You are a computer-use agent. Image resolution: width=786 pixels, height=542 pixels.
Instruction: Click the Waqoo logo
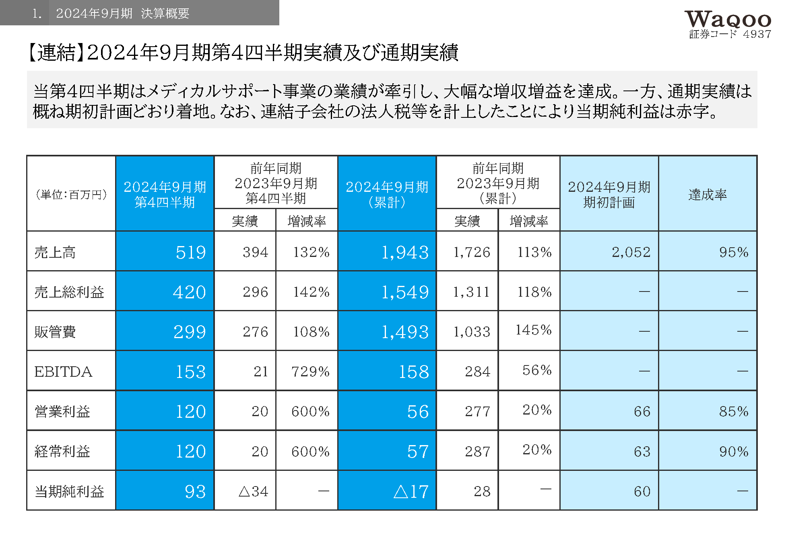point(728,19)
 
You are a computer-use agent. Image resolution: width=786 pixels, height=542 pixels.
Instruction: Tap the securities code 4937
point(757,35)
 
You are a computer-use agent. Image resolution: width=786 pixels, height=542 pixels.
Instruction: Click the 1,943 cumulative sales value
point(405,253)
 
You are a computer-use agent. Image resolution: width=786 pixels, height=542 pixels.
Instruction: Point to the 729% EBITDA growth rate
point(310,372)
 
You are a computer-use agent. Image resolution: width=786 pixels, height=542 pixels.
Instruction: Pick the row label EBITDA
point(63,372)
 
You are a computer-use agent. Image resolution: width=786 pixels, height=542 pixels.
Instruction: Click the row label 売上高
point(55,253)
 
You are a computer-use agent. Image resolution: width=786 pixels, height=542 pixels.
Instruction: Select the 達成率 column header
point(708,195)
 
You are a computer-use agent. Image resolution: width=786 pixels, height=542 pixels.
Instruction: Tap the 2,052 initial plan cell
point(631,253)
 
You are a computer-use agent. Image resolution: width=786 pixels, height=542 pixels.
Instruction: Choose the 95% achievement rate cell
point(734,253)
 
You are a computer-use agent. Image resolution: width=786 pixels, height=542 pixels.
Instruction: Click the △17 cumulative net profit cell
point(411,491)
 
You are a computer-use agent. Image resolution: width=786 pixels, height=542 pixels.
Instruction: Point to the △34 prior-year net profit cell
point(253,491)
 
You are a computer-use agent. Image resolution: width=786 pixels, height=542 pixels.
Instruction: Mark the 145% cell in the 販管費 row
point(534,330)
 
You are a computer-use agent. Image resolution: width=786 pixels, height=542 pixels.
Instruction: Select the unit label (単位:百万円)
point(71,195)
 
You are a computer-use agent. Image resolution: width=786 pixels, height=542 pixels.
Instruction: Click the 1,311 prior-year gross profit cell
point(471,292)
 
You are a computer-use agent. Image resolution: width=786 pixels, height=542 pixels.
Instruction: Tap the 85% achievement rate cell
point(734,411)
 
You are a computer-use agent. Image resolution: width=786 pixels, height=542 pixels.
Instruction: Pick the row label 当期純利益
point(69,491)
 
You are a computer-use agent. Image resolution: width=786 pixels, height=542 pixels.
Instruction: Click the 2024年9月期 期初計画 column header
point(609,195)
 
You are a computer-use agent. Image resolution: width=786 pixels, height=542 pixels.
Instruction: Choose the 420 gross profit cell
point(189,292)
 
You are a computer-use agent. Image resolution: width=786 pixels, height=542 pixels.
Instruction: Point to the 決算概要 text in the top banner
point(165,14)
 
